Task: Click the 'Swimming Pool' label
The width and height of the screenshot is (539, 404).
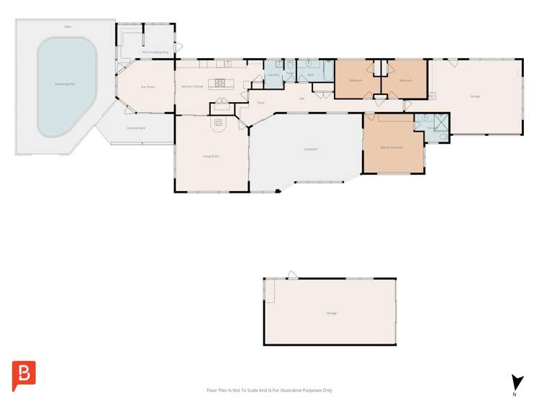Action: click(x=65, y=84)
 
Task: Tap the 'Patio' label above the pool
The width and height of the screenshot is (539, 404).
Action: click(x=68, y=27)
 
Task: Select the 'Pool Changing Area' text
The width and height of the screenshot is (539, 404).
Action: click(x=155, y=52)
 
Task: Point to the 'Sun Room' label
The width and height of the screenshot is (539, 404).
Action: click(x=148, y=87)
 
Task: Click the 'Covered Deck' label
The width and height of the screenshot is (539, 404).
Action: click(x=135, y=128)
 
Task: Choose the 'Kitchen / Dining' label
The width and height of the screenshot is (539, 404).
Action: click(x=192, y=86)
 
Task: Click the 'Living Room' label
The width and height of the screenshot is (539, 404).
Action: click(x=210, y=155)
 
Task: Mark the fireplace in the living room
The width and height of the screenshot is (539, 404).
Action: click(x=218, y=124)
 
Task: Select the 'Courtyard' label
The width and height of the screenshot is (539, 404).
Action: click(x=310, y=150)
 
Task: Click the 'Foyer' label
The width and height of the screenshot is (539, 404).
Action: click(x=261, y=103)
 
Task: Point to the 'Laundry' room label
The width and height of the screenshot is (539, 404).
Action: click(x=273, y=75)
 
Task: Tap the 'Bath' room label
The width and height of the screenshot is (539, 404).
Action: click(x=311, y=75)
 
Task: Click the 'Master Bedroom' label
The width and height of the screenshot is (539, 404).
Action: click(x=391, y=147)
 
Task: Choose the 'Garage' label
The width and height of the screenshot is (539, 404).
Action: click(x=475, y=96)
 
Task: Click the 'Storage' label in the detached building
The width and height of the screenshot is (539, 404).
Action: click(x=331, y=313)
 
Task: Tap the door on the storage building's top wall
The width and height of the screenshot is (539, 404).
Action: click(x=292, y=275)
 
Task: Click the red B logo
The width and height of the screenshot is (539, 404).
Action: click(x=24, y=375)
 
